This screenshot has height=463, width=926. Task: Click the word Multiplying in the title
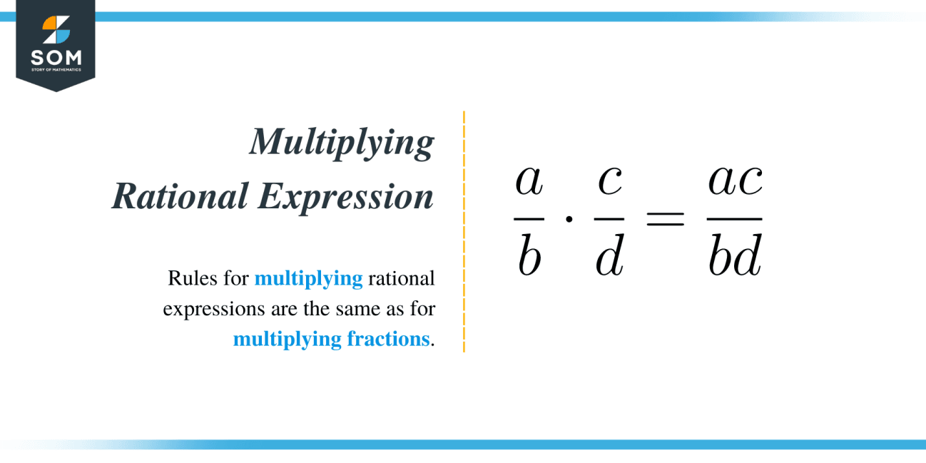click(341, 142)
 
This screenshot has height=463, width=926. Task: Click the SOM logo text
click(56, 57)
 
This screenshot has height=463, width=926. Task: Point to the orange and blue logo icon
click(56, 31)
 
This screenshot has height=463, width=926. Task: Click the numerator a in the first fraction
click(529, 183)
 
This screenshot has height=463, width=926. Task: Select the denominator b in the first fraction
click(529, 259)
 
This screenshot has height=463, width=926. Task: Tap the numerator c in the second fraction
click(609, 183)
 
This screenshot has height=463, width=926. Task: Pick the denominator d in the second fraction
click(609, 259)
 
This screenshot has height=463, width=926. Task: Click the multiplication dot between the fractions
click(569, 219)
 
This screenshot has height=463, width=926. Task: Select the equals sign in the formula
click(664, 218)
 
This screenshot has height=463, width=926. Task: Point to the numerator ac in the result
click(735, 183)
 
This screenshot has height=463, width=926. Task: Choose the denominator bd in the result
click(735, 259)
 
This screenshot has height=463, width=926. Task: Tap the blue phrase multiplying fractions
click(331, 339)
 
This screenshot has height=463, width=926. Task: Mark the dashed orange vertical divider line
click(464, 231)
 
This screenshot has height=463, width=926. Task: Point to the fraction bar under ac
click(735, 218)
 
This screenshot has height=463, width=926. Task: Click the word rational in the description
click(401, 278)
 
